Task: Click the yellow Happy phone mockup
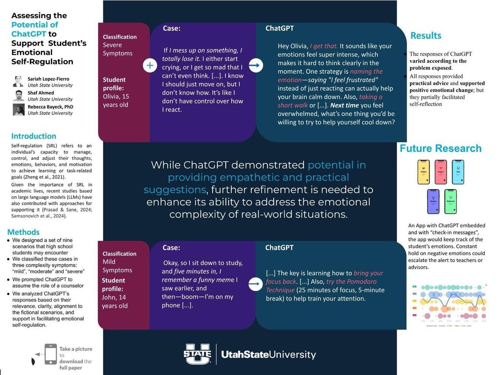(423, 172)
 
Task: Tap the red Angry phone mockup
(440, 172)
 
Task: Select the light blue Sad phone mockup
(458, 172)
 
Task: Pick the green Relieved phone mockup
(450, 202)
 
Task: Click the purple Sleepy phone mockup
(432, 202)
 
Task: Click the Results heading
(425, 36)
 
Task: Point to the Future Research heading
(440, 148)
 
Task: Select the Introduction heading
(33, 136)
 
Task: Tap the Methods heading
(23, 232)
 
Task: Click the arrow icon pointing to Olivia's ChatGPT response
(255, 65)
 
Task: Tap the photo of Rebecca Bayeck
(18, 110)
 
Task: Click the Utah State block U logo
(197, 354)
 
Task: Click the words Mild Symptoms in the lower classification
(117, 266)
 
